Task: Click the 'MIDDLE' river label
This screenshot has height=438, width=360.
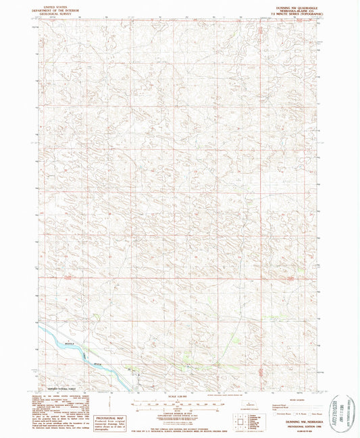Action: tap(66, 341)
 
